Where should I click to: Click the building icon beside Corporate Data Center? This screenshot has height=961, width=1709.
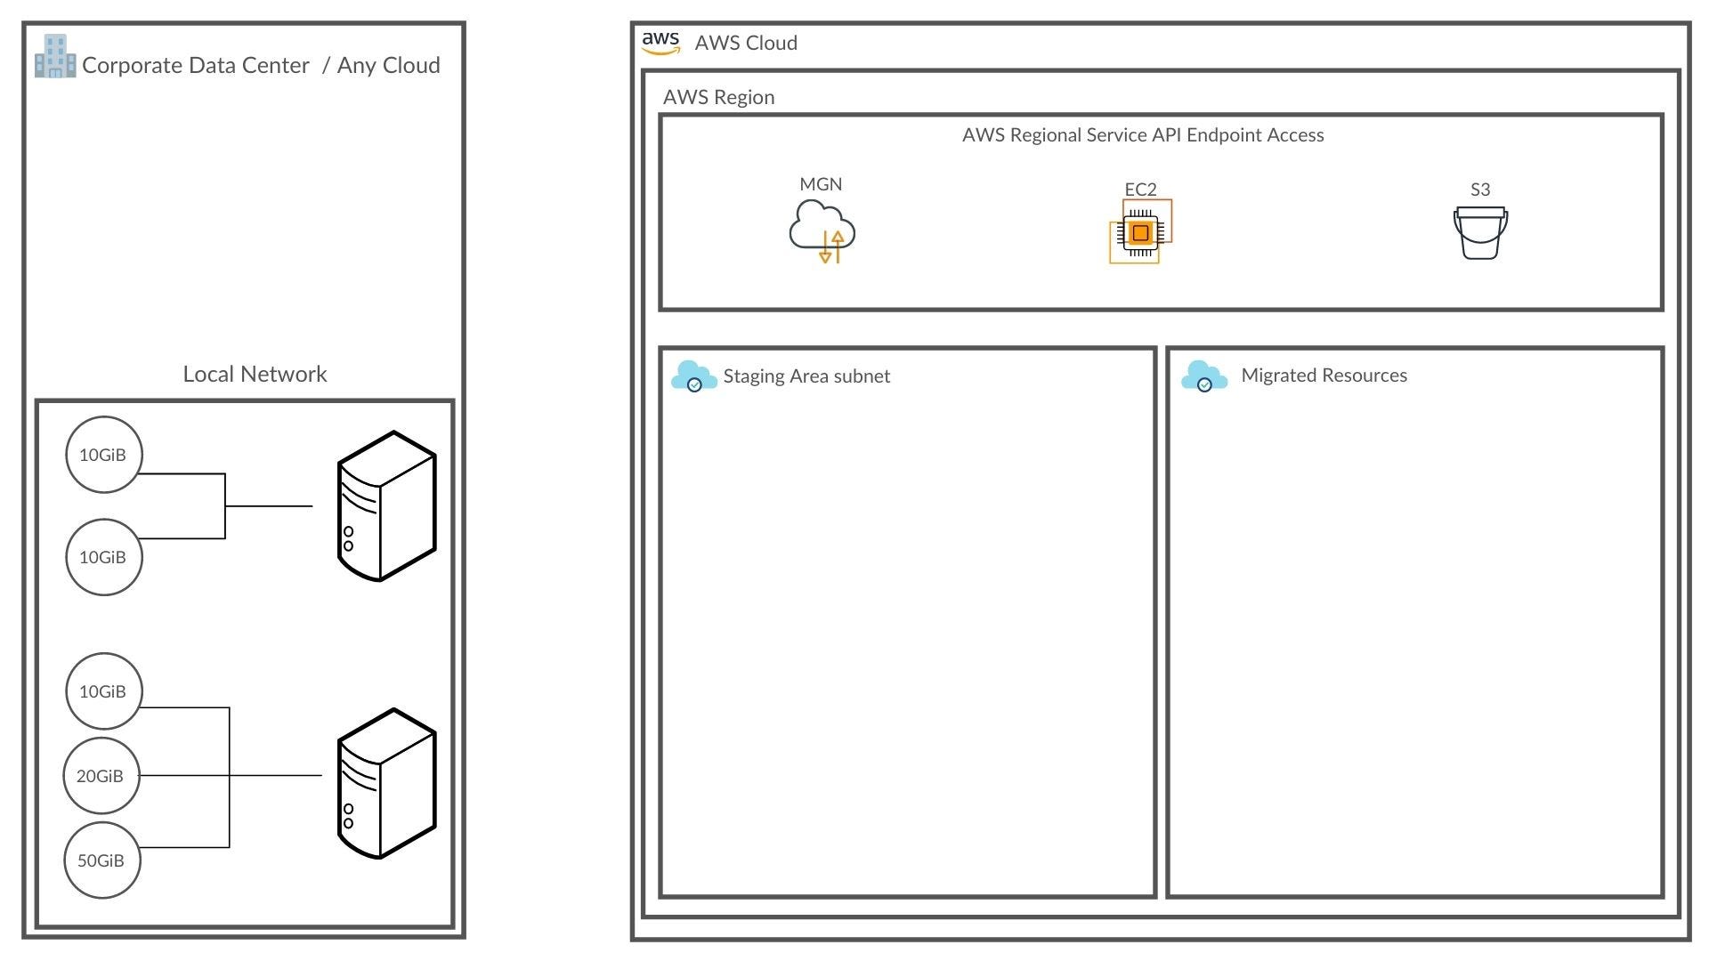(x=55, y=56)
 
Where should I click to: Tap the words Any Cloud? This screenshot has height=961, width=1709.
(x=388, y=65)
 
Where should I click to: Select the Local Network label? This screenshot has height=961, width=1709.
(x=255, y=374)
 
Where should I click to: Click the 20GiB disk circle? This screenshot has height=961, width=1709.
(x=101, y=776)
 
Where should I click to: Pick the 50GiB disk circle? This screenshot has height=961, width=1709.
(x=102, y=860)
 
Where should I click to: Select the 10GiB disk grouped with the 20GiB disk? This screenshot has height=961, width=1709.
(x=104, y=691)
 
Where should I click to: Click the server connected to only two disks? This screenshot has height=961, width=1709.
(x=386, y=506)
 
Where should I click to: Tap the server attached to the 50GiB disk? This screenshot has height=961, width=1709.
(x=386, y=784)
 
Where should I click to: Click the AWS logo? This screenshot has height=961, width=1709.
(x=660, y=43)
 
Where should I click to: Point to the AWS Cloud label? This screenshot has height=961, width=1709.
(x=746, y=43)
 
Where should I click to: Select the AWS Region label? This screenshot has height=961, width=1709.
(x=718, y=97)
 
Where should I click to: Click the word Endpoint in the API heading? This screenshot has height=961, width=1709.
(x=1223, y=135)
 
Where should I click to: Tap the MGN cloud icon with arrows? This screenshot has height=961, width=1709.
(x=822, y=231)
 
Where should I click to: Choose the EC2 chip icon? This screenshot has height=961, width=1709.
(x=1140, y=231)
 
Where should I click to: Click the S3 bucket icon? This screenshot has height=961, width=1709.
(x=1480, y=233)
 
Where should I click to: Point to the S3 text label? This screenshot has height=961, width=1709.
(x=1480, y=190)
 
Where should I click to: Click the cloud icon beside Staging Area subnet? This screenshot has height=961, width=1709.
(x=694, y=376)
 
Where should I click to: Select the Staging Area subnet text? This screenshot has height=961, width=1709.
(x=806, y=376)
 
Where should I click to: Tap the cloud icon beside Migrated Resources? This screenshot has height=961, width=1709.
(x=1204, y=376)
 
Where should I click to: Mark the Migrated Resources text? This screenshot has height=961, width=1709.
(x=1324, y=376)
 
